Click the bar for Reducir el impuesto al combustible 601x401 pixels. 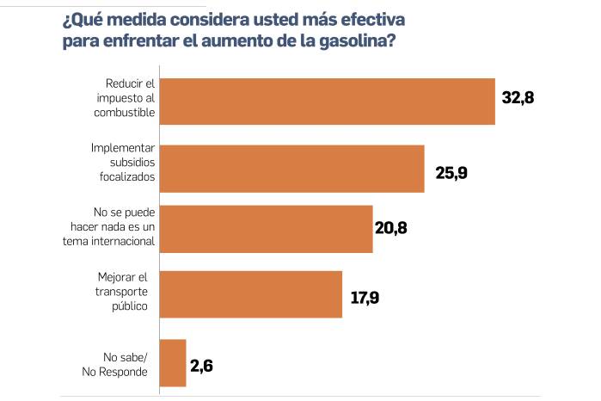[328, 102]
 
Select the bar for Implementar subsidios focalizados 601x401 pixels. [292, 168]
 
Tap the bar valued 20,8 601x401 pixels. [267, 229]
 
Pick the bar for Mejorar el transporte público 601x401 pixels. [251, 294]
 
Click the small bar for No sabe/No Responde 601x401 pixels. [174, 362]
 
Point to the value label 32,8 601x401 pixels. [518, 98]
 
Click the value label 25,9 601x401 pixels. [451, 173]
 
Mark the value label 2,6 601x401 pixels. [201, 365]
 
